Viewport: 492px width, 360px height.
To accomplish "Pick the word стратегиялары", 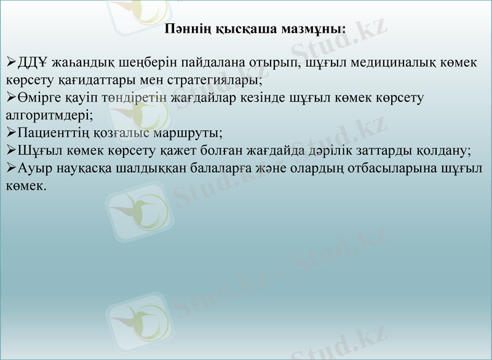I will (223, 80).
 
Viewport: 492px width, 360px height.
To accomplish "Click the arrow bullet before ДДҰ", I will (11, 63).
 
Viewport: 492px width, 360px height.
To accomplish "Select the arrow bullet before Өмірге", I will (11, 97).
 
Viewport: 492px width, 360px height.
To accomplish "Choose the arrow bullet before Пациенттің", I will (11, 132).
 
